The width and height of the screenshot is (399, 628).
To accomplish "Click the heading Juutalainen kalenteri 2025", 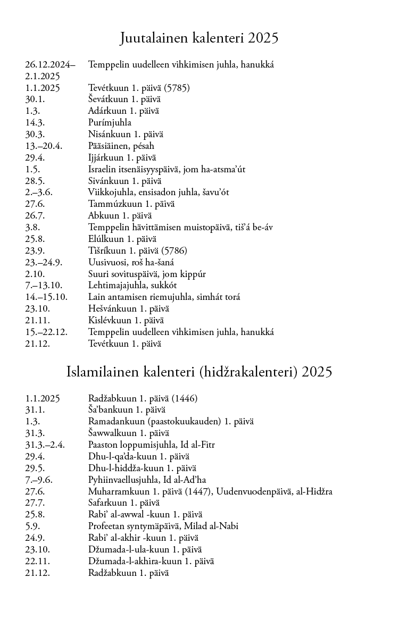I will coord(199,38).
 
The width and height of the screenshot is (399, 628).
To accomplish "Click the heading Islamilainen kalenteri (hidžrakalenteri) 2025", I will coord(199,372).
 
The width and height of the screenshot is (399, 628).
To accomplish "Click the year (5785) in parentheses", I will coord(176,88).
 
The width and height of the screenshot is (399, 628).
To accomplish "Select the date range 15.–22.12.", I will coord(46,332).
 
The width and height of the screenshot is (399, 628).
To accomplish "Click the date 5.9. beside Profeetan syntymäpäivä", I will coord(32,526).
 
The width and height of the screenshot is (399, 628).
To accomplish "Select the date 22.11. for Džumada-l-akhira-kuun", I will coord(37,562).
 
